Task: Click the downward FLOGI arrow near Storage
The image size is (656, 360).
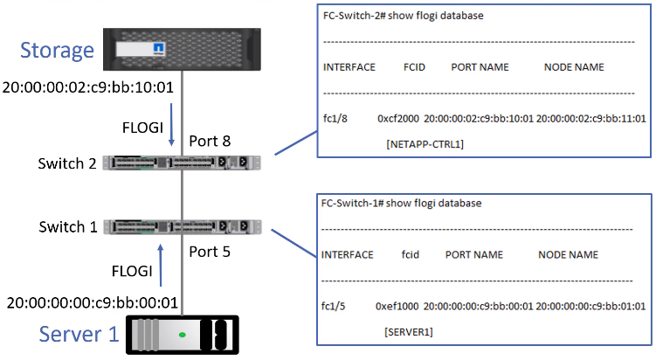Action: click(171, 123)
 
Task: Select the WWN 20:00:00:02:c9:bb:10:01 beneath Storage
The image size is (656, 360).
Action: click(90, 87)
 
